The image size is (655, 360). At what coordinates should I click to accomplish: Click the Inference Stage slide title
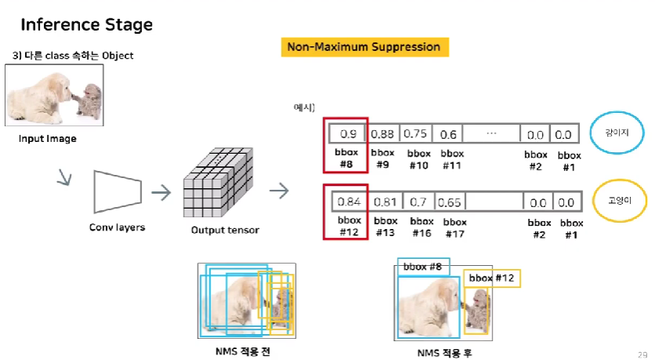[x=86, y=24]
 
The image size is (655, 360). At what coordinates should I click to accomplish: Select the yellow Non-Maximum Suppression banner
[x=364, y=47]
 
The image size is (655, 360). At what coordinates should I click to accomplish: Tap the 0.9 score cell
[x=345, y=133]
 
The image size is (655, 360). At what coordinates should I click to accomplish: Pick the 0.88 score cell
[x=383, y=133]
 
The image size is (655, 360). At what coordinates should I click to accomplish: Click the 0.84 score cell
[x=348, y=202]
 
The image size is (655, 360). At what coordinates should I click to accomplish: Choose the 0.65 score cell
[x=449, y=202]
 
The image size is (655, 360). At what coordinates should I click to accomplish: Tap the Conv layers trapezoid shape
[x=117, y=191]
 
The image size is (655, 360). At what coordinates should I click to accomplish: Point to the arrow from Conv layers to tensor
[x=161, y=191]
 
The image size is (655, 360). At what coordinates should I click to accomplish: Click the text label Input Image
[x=49, y=139]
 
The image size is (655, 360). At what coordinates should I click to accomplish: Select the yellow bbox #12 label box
[x=492, y=278]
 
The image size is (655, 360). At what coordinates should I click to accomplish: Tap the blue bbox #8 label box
[x=423, y=267]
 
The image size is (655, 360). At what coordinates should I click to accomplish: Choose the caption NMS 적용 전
[x=246, y=351]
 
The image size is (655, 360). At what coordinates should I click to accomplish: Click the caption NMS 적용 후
[x=445, y=353]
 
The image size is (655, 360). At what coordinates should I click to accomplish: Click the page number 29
[x=642, y=354]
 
